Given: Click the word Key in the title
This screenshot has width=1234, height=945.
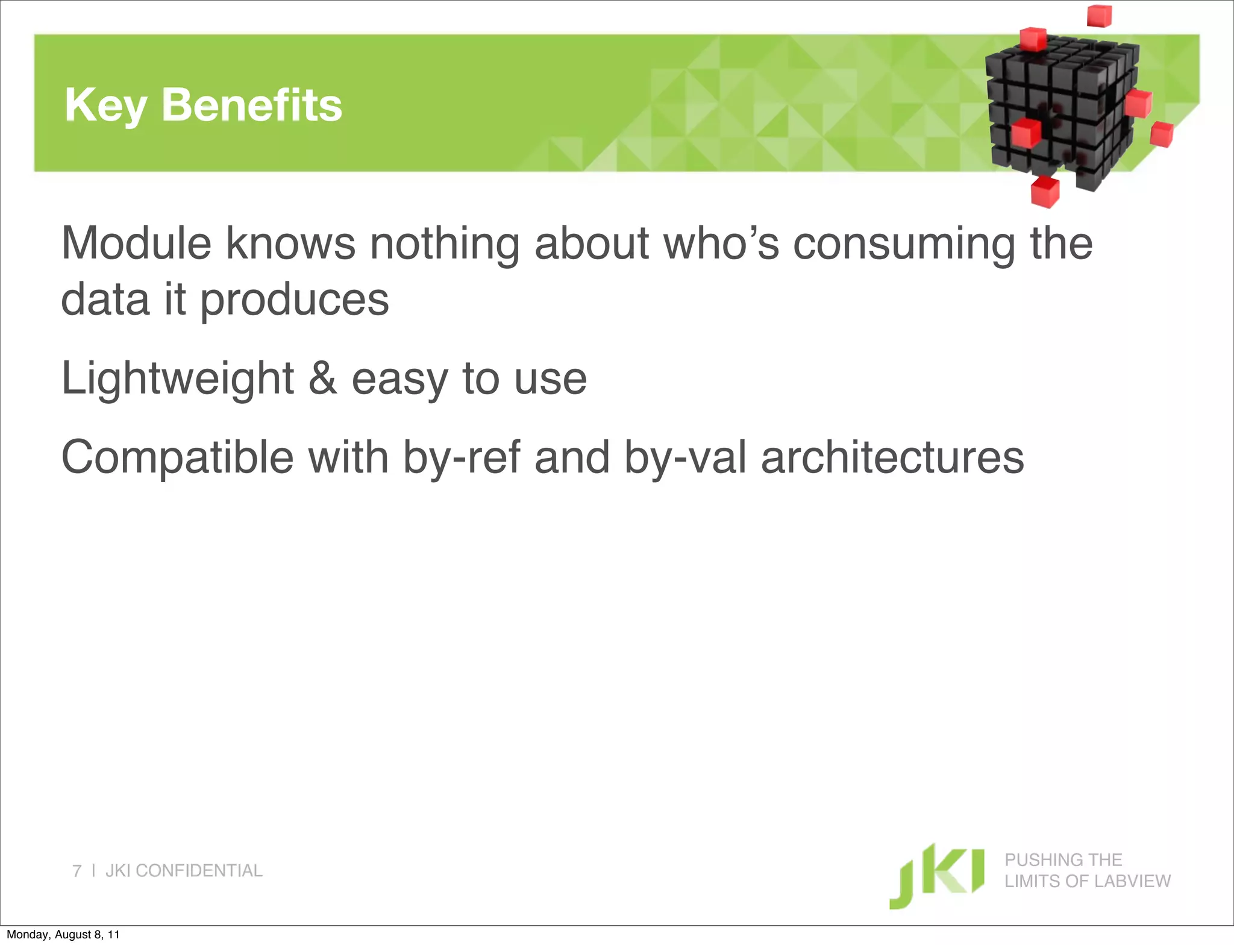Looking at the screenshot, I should pyautogui.click(x=105, y=105).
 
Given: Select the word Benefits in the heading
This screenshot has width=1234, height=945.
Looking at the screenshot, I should pyautogui.click(x=252, y=105).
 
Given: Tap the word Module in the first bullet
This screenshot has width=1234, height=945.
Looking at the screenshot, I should pyautogui.click(x=136, y=243).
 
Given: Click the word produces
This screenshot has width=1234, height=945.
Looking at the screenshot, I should pyautogui.click(x=294, y=300).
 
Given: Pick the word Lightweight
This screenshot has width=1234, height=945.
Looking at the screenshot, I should pyautogui.click(x=178, y=378).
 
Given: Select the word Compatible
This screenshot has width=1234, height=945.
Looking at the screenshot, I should pyautogui.click(x=178, y=457).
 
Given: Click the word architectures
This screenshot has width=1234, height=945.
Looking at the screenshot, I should pyautogui.click(x=892, y=457).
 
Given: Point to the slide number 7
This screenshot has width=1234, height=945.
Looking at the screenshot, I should pyautogui.click(x=77, y=871).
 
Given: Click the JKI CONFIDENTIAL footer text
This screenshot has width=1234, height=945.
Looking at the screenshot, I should pyautogui.click(x=184, y=871).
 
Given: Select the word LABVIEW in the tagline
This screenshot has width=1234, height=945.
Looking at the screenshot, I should pyautogui.click(x=1138, y=881).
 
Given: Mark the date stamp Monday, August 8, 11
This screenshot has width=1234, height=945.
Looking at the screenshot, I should pyautogui.click(x=63, y=935).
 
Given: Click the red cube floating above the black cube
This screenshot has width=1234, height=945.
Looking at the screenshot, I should pyautogui.click(x=1099, y=15).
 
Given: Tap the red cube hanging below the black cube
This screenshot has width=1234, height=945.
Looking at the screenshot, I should pyautogui.click(x=1045, y=192).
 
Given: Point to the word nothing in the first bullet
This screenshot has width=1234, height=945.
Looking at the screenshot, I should pyautogui.click(x=444, y=243).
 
